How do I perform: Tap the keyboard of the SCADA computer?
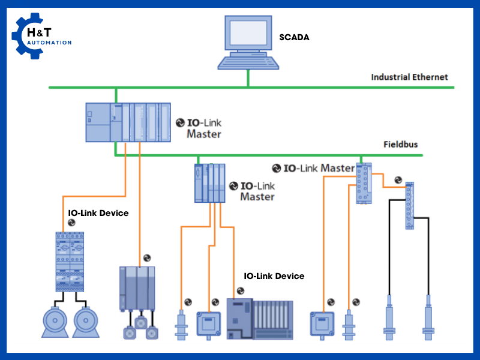coord(247,63)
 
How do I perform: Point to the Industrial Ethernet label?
coord(409,77)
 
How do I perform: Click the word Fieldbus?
coord(401,145)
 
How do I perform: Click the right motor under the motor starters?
coord(86,323)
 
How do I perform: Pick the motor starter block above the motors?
coord(70,262)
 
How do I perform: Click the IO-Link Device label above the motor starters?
coord(98,213)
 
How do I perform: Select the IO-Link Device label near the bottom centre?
coord(274,276)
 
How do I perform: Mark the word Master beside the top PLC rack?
coord(203,134)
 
